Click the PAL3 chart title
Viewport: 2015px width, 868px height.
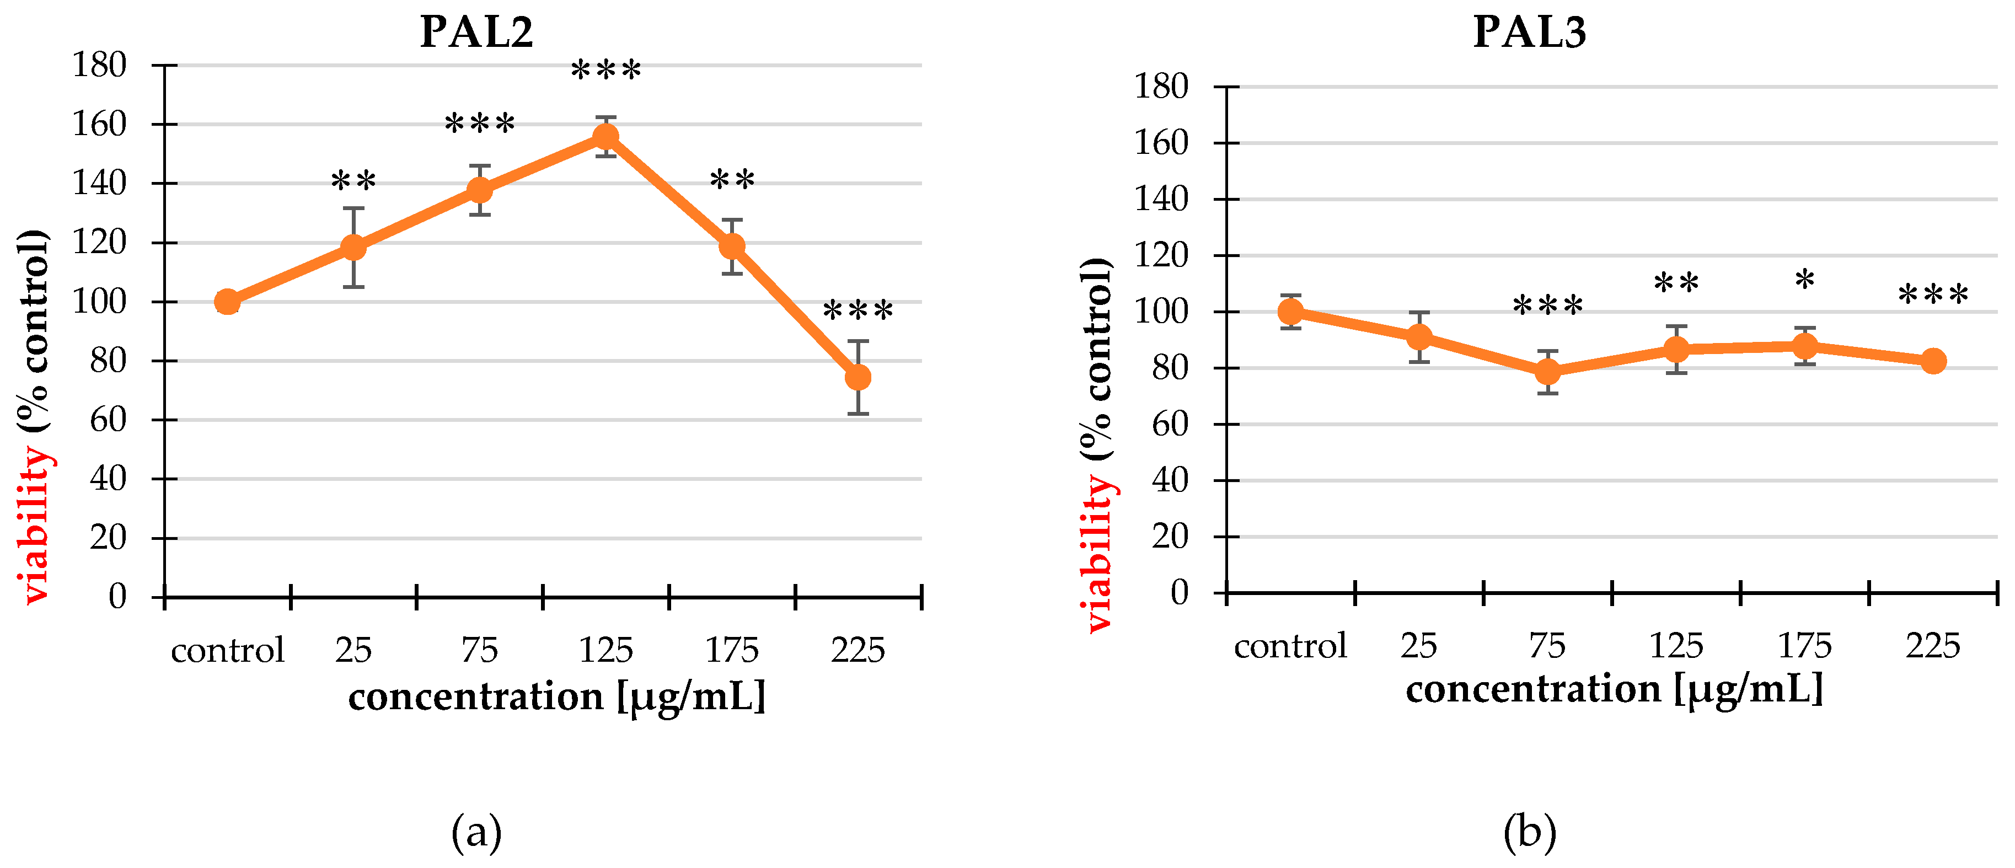[x=1529, y=32]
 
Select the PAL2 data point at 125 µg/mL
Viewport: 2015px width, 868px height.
[x=605, y=137]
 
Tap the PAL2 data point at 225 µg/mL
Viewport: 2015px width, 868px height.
[x=858, y=378]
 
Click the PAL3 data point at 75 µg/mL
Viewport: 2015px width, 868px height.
[x=1547, y=372]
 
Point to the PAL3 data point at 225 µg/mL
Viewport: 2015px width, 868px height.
[x=1933, y=361]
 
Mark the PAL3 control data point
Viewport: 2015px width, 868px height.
[x=1290, y=312]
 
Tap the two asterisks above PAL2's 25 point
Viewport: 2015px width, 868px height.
[x=353, y=182]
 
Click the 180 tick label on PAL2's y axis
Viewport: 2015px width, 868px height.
[x=99, y=65]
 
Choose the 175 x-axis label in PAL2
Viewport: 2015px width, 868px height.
[x=731, y=650]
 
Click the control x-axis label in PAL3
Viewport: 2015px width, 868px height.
[x=1290, y=646]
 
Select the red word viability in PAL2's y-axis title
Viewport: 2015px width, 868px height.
[x=35, y=524]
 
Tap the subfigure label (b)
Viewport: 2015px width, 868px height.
[x=1529, y=833]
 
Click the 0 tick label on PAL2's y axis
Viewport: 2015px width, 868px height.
[x=117, y=597]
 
